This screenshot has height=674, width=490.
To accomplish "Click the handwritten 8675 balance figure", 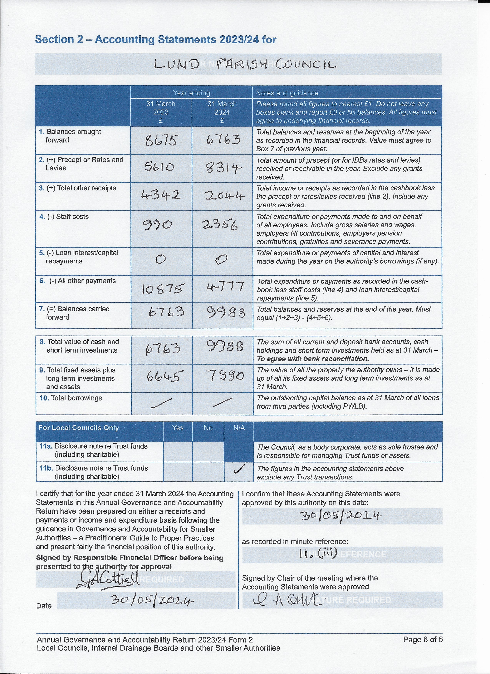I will click(161, 140).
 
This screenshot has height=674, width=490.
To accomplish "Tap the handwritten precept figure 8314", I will click(223, 168).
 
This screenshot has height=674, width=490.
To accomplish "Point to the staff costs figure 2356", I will click(220, 225).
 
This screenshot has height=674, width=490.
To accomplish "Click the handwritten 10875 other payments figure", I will click(163, 288).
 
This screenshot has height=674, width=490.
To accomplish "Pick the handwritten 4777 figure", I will click(225, 287).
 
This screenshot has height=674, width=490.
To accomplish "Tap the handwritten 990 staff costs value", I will click(158, 225).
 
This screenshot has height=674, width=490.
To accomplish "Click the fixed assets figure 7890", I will click(225, 376).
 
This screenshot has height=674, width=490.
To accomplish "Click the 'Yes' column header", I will click(178, 428).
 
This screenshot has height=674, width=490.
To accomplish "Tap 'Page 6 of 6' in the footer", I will click(423, 640).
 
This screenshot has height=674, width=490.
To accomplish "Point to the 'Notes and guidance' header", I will click(287, 93).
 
